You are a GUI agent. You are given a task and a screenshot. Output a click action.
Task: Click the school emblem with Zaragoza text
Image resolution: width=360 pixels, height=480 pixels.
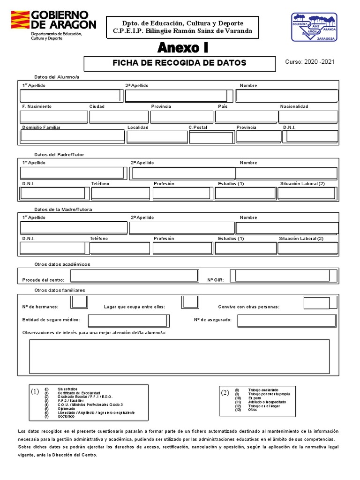[314, 27]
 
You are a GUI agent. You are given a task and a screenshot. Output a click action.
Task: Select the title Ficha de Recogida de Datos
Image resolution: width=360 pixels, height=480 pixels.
[180, 63]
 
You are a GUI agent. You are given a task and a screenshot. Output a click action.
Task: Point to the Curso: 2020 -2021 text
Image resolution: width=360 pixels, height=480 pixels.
[310, 62]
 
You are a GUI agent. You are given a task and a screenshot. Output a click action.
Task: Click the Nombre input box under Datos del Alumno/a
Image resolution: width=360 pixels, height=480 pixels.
[287, 96]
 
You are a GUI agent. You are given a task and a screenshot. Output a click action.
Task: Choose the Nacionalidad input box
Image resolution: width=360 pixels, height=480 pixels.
[308, 116]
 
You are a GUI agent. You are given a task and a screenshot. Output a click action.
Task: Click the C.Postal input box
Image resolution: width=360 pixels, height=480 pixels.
[210, 137]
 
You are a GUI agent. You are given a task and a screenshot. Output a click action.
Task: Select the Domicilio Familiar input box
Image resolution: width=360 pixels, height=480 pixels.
[72, 136]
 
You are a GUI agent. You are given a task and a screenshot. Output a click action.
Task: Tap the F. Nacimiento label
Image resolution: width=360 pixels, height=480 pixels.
[37, 106]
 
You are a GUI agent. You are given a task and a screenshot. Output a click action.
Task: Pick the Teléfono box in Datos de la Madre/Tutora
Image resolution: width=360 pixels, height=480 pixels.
[120, 248]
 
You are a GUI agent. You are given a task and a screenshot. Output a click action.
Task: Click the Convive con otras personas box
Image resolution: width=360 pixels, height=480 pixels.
[316, 303]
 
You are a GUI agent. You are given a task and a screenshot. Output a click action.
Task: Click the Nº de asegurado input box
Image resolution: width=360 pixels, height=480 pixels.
[287, 321]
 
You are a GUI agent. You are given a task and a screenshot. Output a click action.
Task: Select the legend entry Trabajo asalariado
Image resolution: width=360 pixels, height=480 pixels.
[263, 390]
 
